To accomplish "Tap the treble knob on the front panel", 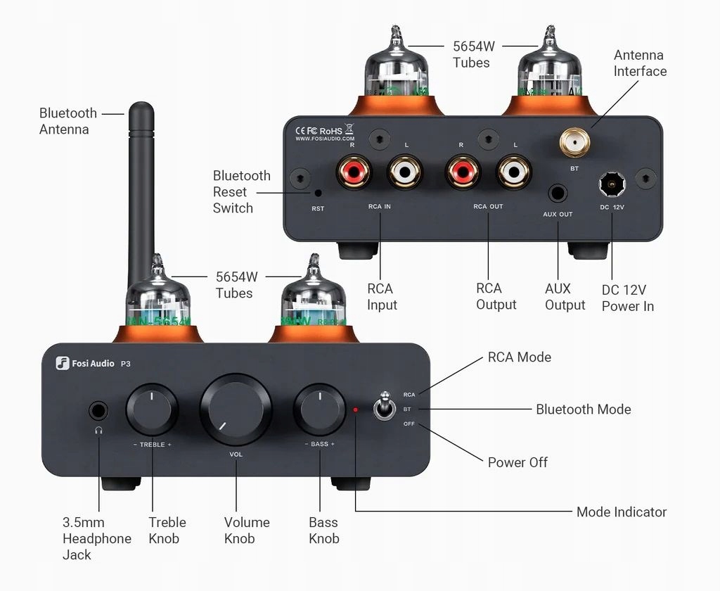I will point(152,409).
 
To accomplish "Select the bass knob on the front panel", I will point(319,409).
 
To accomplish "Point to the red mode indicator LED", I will point(356,409).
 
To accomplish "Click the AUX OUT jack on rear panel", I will point(558,191).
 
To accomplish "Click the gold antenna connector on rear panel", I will point(574,145).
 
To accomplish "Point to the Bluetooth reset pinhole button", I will point(319,193).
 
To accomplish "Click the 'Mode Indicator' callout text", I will point(621,512).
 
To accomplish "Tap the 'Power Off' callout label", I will point(517,462).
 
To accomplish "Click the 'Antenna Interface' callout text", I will point(639,63).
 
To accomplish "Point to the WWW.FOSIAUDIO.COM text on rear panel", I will point(324,139).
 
